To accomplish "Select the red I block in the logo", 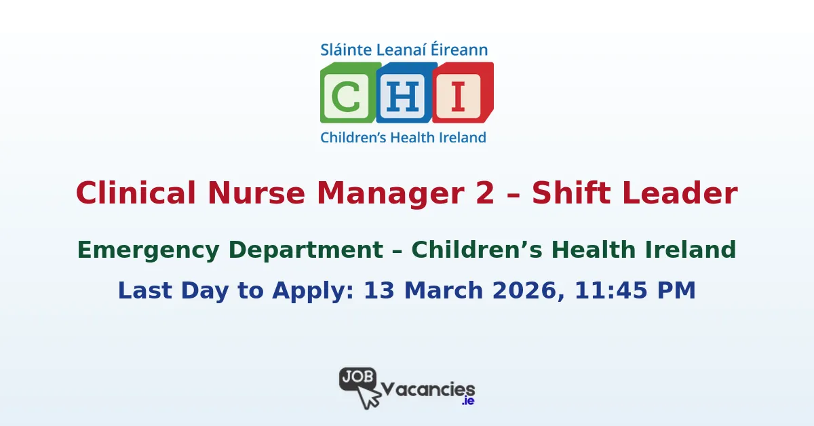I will click(x=461, y=97).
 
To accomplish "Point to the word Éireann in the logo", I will click(x=461, y=50).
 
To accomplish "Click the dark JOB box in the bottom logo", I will click(x=357, y=377).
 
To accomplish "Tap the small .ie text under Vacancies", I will click(x=467, y=402).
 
